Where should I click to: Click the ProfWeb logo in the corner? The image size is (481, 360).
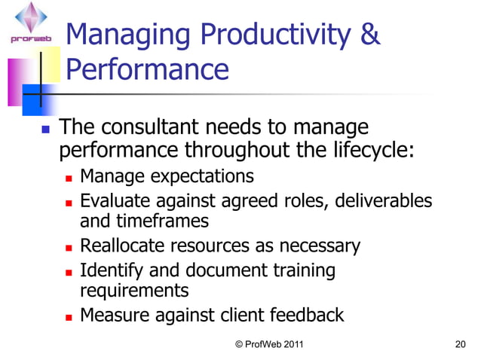click(30, 23)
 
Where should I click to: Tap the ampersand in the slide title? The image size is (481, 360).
click(369, 35)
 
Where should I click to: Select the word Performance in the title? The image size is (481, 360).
click(148, 70)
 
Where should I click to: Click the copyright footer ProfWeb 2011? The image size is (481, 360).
click(269, 344)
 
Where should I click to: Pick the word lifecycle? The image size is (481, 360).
click(369, 150)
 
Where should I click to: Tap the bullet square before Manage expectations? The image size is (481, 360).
click(69, 178)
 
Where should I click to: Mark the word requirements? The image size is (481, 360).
click(133, 291)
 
